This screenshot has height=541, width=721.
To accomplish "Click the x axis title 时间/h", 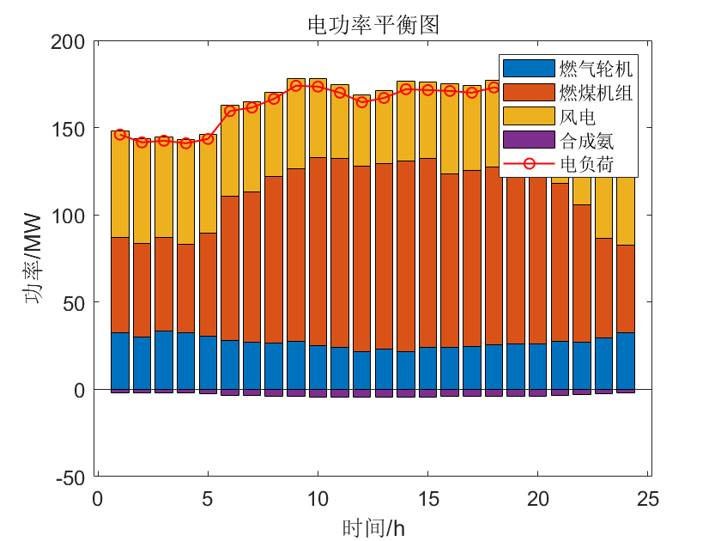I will [373, 526].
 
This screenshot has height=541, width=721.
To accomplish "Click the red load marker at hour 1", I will [120, 135].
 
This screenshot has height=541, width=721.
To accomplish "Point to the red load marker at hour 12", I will [362, 101].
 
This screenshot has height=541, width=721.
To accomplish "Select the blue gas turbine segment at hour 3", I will [164, 360].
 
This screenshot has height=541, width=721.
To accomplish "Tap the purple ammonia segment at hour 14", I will [406, 393].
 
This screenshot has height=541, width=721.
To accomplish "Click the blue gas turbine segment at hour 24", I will [626, 361].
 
